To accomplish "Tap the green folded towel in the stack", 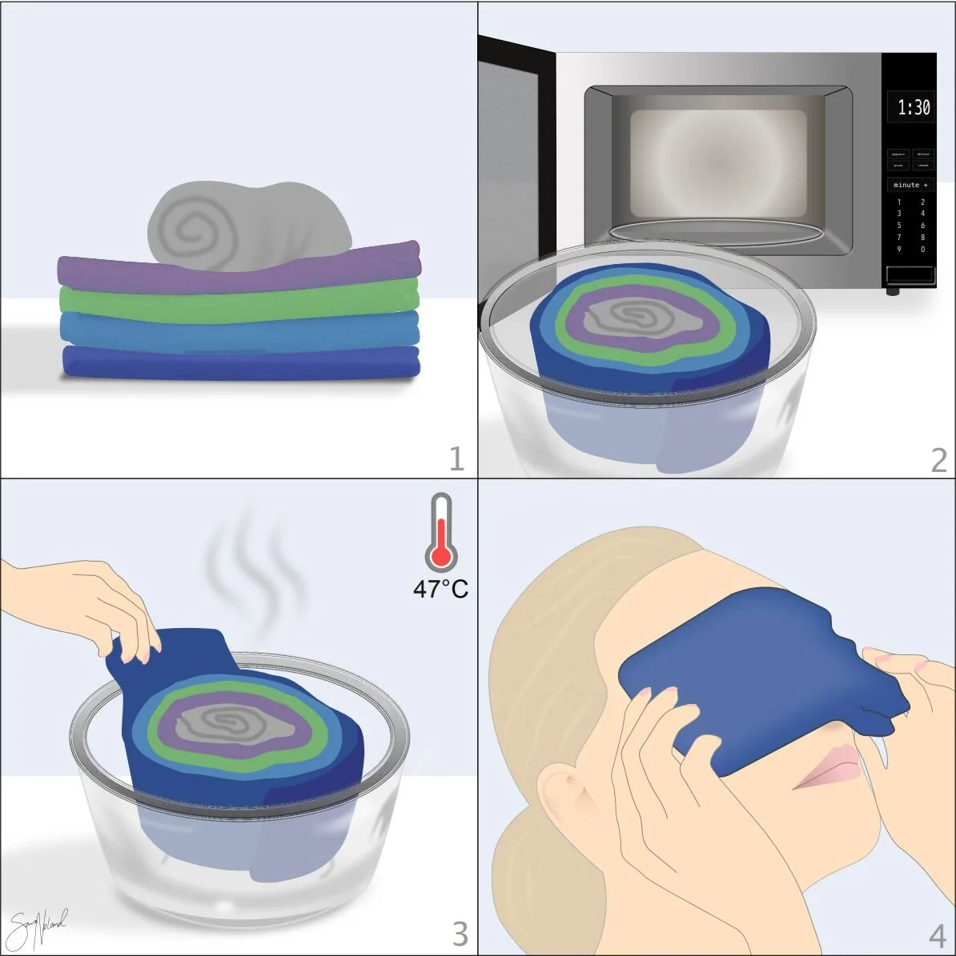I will (x=240, y=302).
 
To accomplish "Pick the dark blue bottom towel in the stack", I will (x=240, y=363).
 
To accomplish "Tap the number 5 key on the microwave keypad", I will (x=899, y=226).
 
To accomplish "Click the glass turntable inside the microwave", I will (x=715, y=231).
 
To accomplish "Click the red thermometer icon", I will (x=440, y=533).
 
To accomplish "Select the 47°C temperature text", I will (x=440, y=590).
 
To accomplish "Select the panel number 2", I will (x=939, y=460).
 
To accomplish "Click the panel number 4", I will (x=938, y=935).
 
